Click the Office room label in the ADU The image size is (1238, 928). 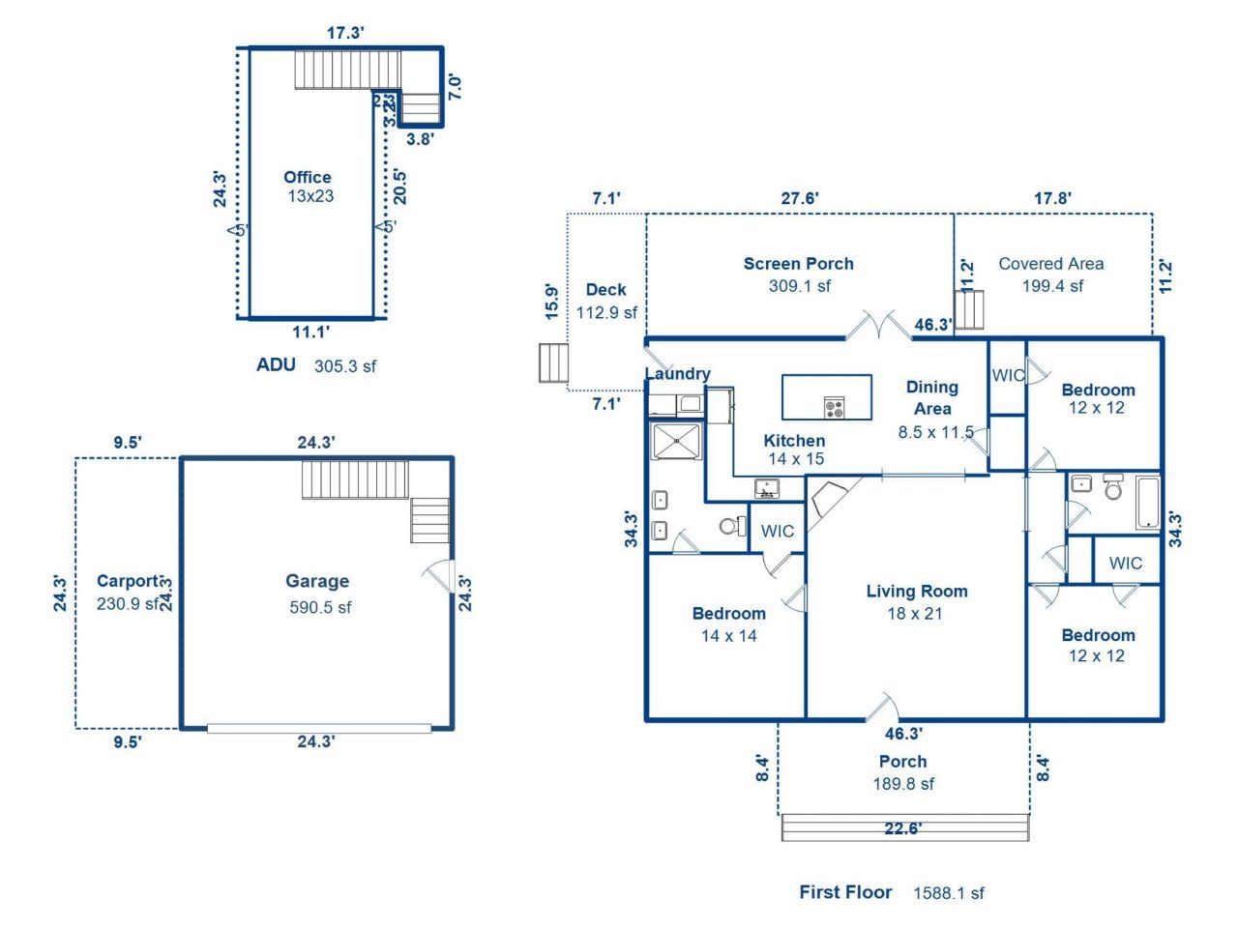[308, 178]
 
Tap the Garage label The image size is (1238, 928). [317, 581]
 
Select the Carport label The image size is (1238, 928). [128, 581]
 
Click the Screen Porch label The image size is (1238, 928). [798, 263]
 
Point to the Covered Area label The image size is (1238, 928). [1050, 263]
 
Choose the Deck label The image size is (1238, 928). [606, 290]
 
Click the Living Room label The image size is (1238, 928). [916, 592]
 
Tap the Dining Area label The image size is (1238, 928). [931, 397]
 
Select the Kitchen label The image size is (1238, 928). [794, 441]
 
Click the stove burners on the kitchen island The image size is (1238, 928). [834, 407]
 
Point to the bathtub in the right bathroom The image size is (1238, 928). [1147, 503]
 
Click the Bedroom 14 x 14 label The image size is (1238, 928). [728, 614]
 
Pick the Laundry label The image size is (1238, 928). [677, 374]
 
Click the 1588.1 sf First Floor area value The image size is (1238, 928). [948, 893]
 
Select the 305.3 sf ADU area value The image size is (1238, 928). [345, 366]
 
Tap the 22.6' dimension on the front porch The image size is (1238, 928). [903, 828]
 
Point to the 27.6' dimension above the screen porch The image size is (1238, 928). [800, 198]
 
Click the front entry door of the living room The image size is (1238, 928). [883, 708]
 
